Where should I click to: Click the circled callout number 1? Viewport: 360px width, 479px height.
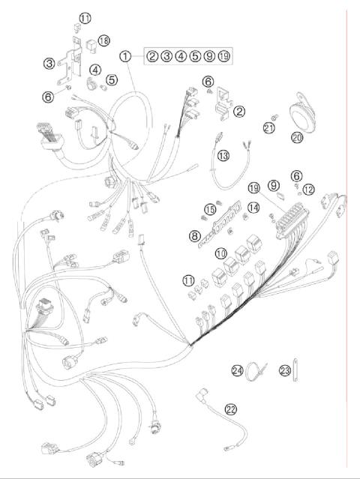pos(125,56)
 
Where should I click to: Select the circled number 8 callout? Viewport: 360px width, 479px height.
pos(194,235)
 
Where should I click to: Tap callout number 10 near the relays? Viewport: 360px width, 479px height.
pos(221,253)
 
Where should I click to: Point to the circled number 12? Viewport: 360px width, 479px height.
pos(309,189)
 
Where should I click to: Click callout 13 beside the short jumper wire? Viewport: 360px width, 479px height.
pos(222,155)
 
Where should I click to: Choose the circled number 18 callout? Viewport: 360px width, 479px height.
pos(103,40)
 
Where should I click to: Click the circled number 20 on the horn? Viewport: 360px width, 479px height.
pos(298,137)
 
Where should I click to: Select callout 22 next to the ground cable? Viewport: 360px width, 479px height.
pos(230,409)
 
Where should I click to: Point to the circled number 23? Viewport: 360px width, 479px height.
pos(285,370)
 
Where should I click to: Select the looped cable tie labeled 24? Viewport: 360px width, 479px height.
pos(256,371)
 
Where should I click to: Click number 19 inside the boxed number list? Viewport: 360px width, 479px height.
pos(223,56)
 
